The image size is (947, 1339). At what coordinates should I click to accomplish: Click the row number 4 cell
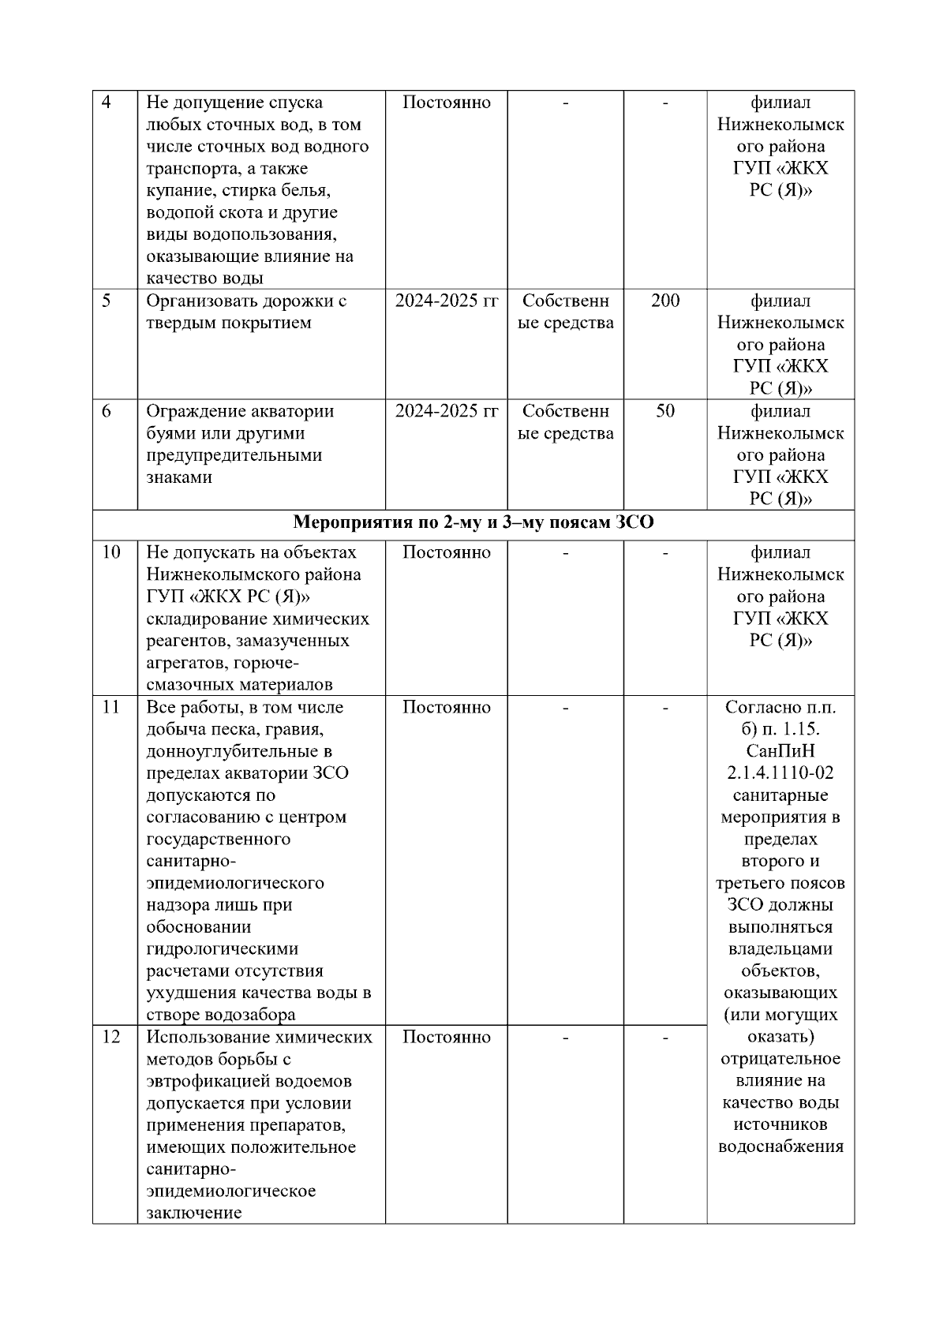pos(107,103)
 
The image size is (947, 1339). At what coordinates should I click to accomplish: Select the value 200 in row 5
pos(665,301)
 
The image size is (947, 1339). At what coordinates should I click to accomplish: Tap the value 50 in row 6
pos(665,411)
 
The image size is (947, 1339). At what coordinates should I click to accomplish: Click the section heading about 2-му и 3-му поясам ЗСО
pos(473,523)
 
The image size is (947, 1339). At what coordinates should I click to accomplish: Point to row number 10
pos(111,552)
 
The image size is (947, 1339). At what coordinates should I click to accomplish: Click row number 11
pos(111,707)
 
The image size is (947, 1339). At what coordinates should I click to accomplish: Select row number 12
pos(111,1037)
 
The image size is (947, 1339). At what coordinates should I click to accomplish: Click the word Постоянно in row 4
pos(447,103)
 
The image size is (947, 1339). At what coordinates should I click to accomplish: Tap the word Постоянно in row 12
pos(447,1037)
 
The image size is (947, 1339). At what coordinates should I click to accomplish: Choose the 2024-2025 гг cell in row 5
pos(447,301)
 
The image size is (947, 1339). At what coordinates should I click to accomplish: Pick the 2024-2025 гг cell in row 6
pos(447,411)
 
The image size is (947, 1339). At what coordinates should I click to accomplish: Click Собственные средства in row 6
pos(565,422)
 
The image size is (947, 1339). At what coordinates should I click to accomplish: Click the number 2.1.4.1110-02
pos(780,773)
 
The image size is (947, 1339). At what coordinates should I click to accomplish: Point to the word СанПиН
pos(780,751)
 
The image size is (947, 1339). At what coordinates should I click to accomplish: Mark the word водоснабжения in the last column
pos(780,1146)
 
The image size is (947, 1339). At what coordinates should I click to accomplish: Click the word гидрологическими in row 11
pos(223,949)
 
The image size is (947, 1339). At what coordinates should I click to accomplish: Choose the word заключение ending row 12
pos(193,1213)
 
